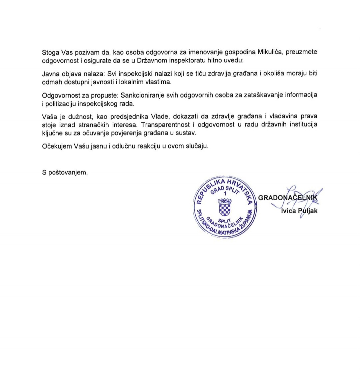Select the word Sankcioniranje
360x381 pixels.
click(141, 95)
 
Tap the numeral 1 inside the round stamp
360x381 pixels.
click(225, 194)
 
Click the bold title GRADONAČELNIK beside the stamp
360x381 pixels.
click(288, 198)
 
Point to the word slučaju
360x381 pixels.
click(197, 146)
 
